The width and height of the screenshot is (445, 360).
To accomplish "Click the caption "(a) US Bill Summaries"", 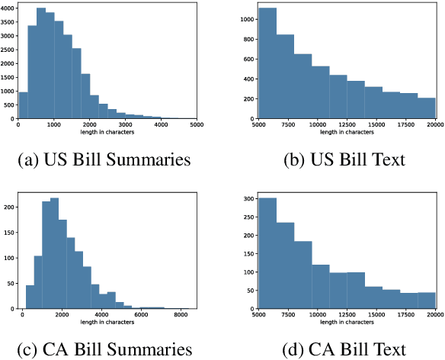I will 104,161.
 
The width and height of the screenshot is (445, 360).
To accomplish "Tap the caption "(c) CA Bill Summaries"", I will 104,350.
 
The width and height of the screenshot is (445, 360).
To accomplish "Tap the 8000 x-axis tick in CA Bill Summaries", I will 180,314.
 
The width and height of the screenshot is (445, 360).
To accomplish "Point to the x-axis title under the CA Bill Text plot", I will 347,322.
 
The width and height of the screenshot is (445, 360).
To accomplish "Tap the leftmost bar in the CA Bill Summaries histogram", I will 30,297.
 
